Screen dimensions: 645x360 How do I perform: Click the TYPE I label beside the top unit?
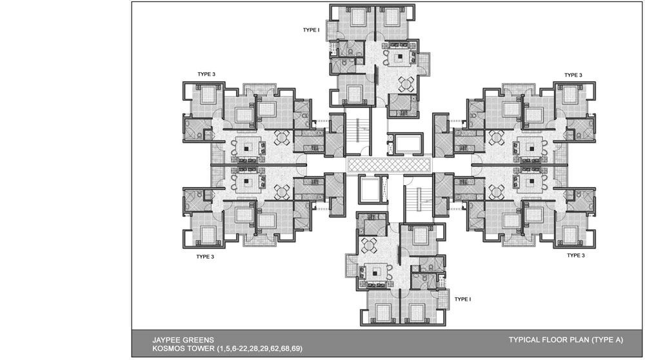click(311, 30)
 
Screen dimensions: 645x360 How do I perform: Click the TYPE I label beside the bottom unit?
click(462, 299)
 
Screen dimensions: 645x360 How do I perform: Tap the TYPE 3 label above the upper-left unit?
click(206, 74)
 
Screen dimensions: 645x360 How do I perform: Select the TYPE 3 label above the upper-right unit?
click(573, 75)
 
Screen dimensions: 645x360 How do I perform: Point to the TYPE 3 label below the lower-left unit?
click(205, 257)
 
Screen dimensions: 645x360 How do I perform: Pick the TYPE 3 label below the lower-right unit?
click(575, 255)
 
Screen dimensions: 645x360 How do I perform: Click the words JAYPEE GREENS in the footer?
click(183, 340)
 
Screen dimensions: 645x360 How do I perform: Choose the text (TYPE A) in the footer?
click(607, 340)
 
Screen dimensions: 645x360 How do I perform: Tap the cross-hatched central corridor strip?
click(388, 165)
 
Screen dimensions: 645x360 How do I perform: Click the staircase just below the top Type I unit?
click(358, 130)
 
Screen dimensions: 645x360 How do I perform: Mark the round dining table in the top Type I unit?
click(406, 85)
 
